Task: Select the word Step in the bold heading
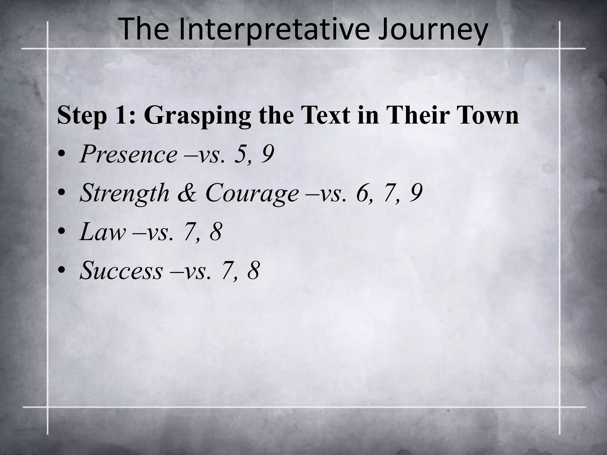click(82, 116)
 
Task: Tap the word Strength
click(124, 193)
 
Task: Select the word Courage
click(252, 193)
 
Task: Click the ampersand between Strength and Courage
click(187, 193)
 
